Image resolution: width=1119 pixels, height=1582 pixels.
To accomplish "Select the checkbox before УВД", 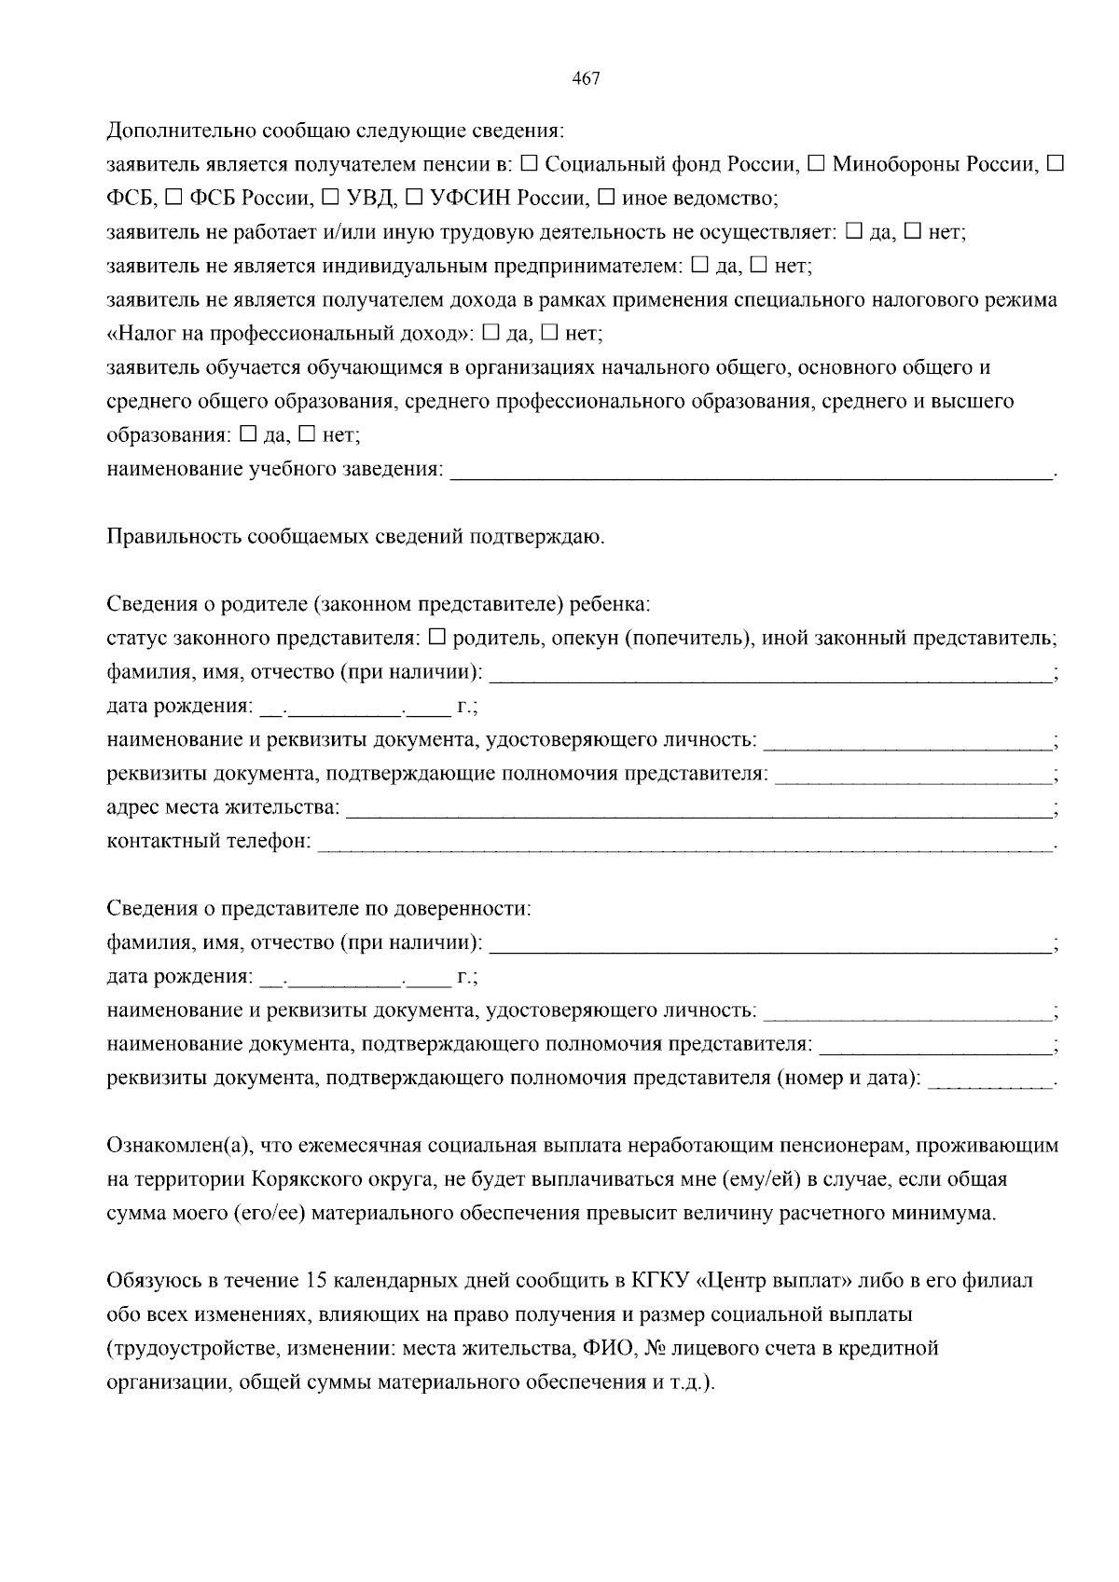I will tap(331, 198).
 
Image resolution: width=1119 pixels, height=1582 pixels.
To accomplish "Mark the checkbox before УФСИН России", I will tap(415, 198).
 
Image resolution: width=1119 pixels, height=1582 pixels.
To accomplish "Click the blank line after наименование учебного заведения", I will tap(751, 474).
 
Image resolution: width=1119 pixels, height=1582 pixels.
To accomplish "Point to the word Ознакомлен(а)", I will tap(177, 1146).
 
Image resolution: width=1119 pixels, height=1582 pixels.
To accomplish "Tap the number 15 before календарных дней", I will tap(315, 1281).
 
